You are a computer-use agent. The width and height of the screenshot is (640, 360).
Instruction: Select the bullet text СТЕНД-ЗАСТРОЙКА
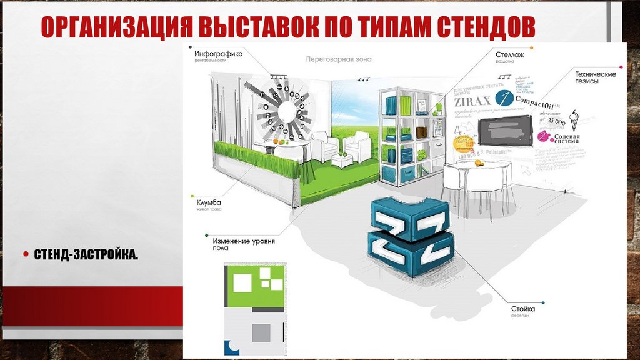(x=86, y=254)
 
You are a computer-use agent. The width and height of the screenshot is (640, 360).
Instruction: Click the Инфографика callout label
(x=218, y=54)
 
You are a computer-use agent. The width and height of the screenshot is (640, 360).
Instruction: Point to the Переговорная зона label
(x=339, y=60)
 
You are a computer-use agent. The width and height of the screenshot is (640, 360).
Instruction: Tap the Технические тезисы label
(x=595, y=77)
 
